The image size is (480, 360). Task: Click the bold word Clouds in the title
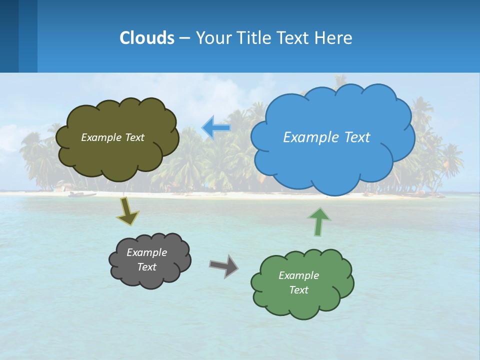(146, 37)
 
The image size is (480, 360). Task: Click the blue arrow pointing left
(216, 128)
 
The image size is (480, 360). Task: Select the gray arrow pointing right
(223, 265)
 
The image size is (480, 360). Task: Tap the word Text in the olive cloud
(133, 137)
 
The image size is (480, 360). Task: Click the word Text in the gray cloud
(146, 267)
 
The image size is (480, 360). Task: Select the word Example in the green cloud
(298, 275)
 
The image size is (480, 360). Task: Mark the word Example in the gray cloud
(146, 252)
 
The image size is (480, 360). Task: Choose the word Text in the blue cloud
(357, 137)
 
